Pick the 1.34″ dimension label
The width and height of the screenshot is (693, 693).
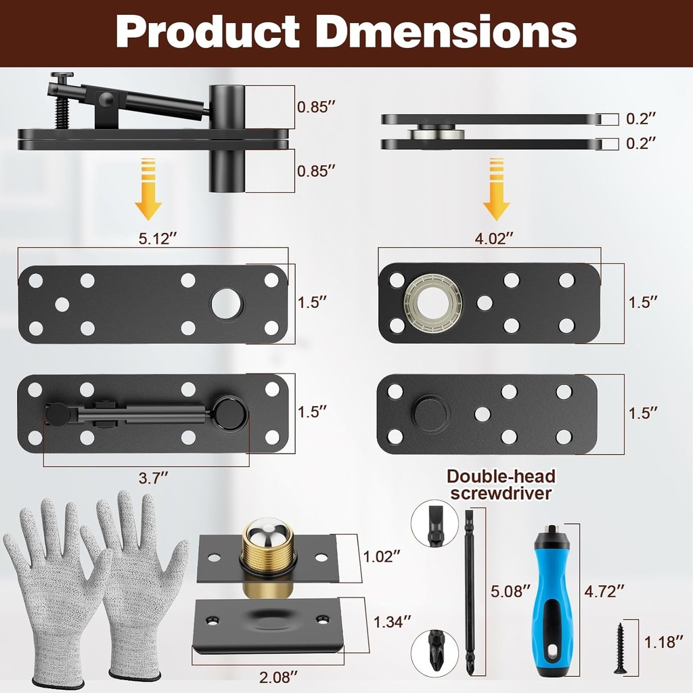click(x=393, y=622)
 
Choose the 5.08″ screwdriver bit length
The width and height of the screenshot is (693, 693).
click(x=510, y=591)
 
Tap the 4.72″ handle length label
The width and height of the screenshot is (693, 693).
click(x=604, y=591)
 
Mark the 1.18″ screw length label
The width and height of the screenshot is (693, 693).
click(x=665, y=641)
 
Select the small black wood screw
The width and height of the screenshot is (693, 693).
click(x=621, y=646)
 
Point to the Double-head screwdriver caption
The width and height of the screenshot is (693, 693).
click(x=500, y=485)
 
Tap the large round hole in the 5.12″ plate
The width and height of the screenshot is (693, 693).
click(x=227, y=304)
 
